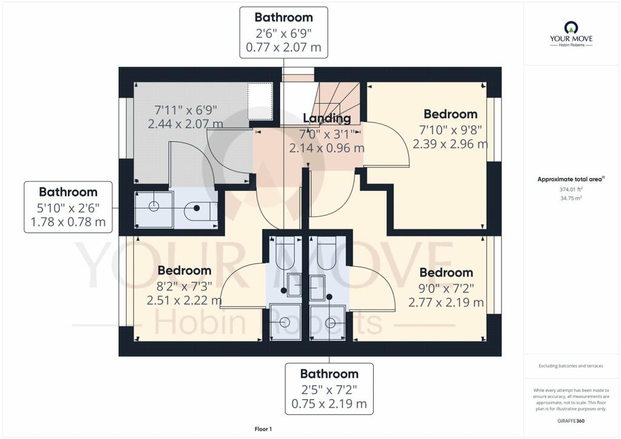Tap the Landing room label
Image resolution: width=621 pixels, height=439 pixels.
(x=327, y=118)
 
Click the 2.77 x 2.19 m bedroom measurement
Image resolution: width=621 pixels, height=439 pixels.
(x=446, y=303)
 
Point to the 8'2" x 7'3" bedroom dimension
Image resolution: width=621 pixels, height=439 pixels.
(x=184, y=286)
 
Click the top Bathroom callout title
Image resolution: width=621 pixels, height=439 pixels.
(x=284, y=18)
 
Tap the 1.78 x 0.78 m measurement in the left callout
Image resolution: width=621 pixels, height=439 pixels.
(x=68, y=222)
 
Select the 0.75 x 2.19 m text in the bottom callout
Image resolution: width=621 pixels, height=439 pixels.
(x=329, y=404)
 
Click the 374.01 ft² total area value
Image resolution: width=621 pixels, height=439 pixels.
(x=571, y=189)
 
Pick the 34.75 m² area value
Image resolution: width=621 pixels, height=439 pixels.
(x=571, y=198)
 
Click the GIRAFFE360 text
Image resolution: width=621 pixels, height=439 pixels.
(x=571, y=421)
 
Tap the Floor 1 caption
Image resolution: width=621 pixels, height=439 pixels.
(x=263, y=429)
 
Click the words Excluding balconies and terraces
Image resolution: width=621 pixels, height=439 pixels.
(x=571, y=366)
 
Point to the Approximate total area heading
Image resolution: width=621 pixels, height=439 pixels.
(x=571, y=179)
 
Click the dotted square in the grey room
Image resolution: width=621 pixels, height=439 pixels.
(x=260, y=101)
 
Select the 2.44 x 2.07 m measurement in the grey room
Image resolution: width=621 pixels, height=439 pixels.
(x=186, y=124)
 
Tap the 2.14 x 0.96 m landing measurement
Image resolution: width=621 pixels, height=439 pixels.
(x=327, y=148)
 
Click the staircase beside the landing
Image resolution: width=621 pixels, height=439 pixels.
(x=335, y=104)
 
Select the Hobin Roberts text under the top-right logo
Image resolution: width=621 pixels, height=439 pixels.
(x=571, y=45)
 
